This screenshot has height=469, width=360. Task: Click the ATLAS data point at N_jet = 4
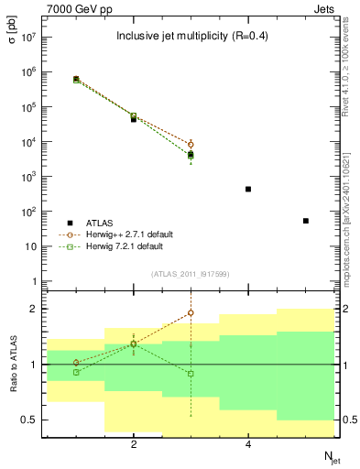click(248, 189)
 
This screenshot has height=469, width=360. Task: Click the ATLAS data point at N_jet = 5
click(305, 221)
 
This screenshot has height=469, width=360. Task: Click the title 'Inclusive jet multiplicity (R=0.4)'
click(191, 37)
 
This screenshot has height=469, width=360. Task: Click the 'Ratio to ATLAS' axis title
click(12, 365)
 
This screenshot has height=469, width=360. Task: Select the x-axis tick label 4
click(248, 445)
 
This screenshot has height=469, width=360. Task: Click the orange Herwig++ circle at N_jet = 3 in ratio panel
click(191, 312)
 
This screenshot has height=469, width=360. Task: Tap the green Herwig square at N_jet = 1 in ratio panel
click(76, 372)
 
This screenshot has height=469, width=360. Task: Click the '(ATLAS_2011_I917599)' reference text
click(191, 274)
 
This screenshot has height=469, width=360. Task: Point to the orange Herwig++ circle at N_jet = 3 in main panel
click(191, 144)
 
